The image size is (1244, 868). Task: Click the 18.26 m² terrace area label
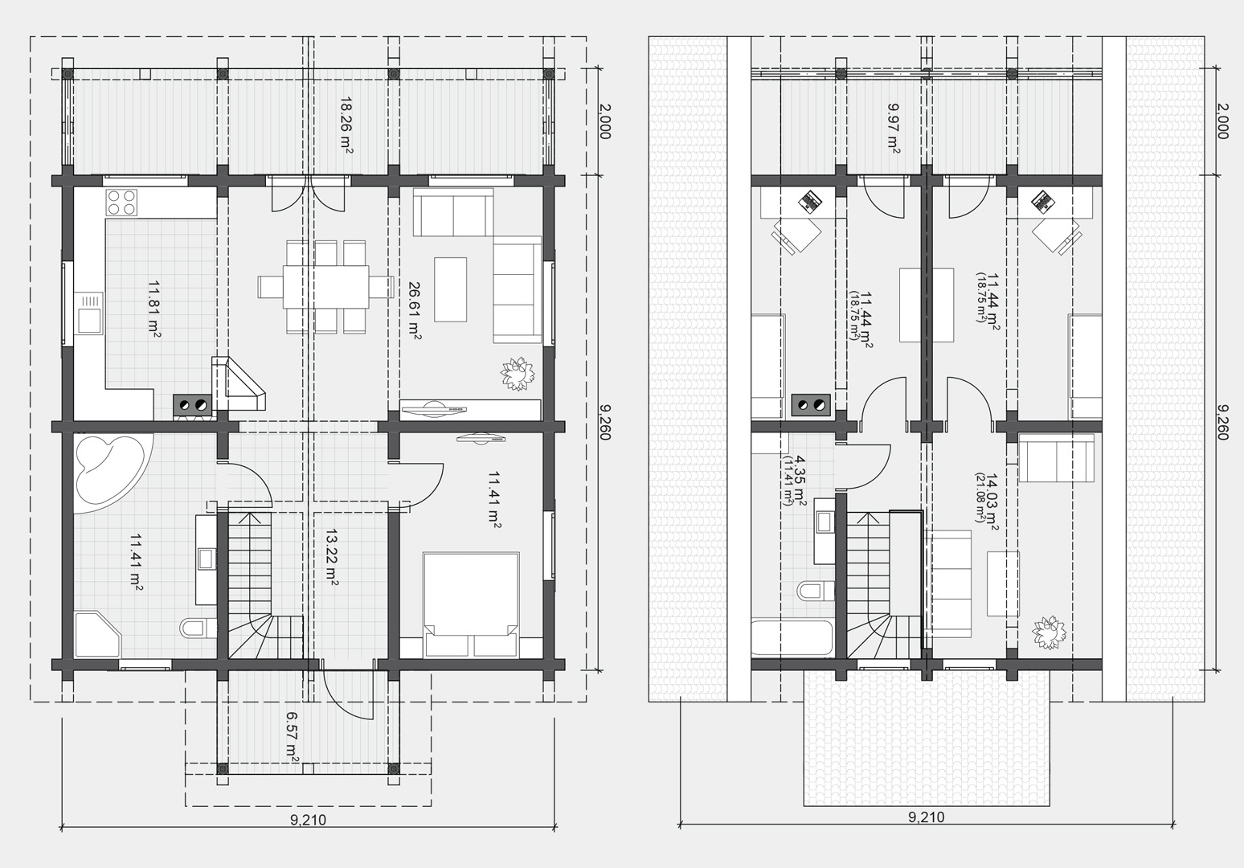pyautogui.click(x=347, y=126)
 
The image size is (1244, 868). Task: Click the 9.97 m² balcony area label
pyautogui.click(x=893, y=128)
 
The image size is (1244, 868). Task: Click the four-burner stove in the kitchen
pyautogui.click(x=122, y=203)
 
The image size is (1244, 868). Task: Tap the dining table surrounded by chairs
pyautogui.click(x=325, y=287)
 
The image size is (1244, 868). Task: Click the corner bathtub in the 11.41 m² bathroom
pyautogui.click(x=108, y=472)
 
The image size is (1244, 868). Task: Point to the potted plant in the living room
pyautogui.click(x=518, y=374)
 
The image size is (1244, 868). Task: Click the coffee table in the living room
pyautogui.click(x=450, y=289)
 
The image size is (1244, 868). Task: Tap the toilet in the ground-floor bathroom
pyautogui.click(x=198, y=628)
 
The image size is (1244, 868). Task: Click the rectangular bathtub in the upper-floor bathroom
pyautogui.click(x=792, y=639)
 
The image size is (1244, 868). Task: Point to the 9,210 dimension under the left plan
pyautogui.click(x=308, y=820)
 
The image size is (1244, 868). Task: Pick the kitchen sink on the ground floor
pyautogui.click(x=89, y=313)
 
